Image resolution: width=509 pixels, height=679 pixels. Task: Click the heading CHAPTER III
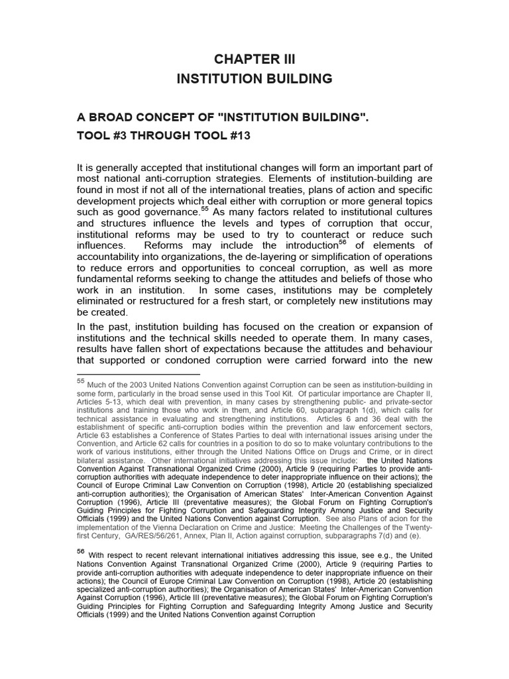pyautogui.click(x=254, y=59)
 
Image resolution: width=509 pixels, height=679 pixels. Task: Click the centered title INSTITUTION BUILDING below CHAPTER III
pyautogui.click(x=254, y=79)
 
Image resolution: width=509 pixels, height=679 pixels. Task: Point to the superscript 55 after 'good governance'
pyautogui.click(x=205, y=208)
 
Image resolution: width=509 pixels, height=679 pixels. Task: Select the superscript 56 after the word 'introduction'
pyautogui.click(x=343, y=241)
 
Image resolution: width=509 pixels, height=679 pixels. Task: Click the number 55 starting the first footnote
pyautogui.click(x=81, y=381)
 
